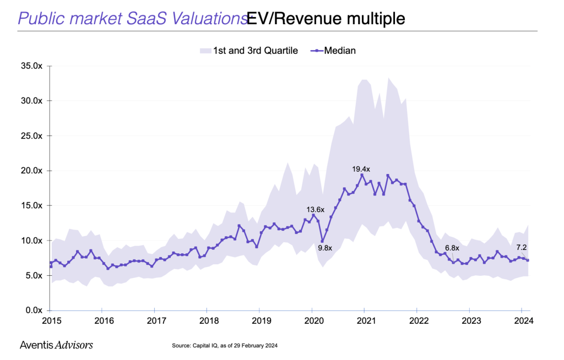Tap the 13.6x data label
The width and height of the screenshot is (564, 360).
point(316,209)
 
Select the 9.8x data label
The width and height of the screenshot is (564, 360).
point(324,248)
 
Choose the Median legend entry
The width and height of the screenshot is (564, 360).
point(334,51)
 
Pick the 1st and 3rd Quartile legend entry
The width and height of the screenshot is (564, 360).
point(248,51)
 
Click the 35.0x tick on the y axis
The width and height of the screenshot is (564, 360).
point(31,66)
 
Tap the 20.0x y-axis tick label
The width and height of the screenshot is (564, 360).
point(31,171)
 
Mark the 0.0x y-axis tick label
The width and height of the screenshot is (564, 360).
point(33,310)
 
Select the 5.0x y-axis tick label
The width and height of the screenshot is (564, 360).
point(33,275)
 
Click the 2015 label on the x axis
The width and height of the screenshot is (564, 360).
point(51,320)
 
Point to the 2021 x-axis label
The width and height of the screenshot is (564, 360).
point(365,320)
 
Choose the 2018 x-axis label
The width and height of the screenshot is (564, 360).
point(208,320)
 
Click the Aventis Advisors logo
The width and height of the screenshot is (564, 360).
point(56,345)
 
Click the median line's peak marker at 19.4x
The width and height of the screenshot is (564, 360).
point(362,175)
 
